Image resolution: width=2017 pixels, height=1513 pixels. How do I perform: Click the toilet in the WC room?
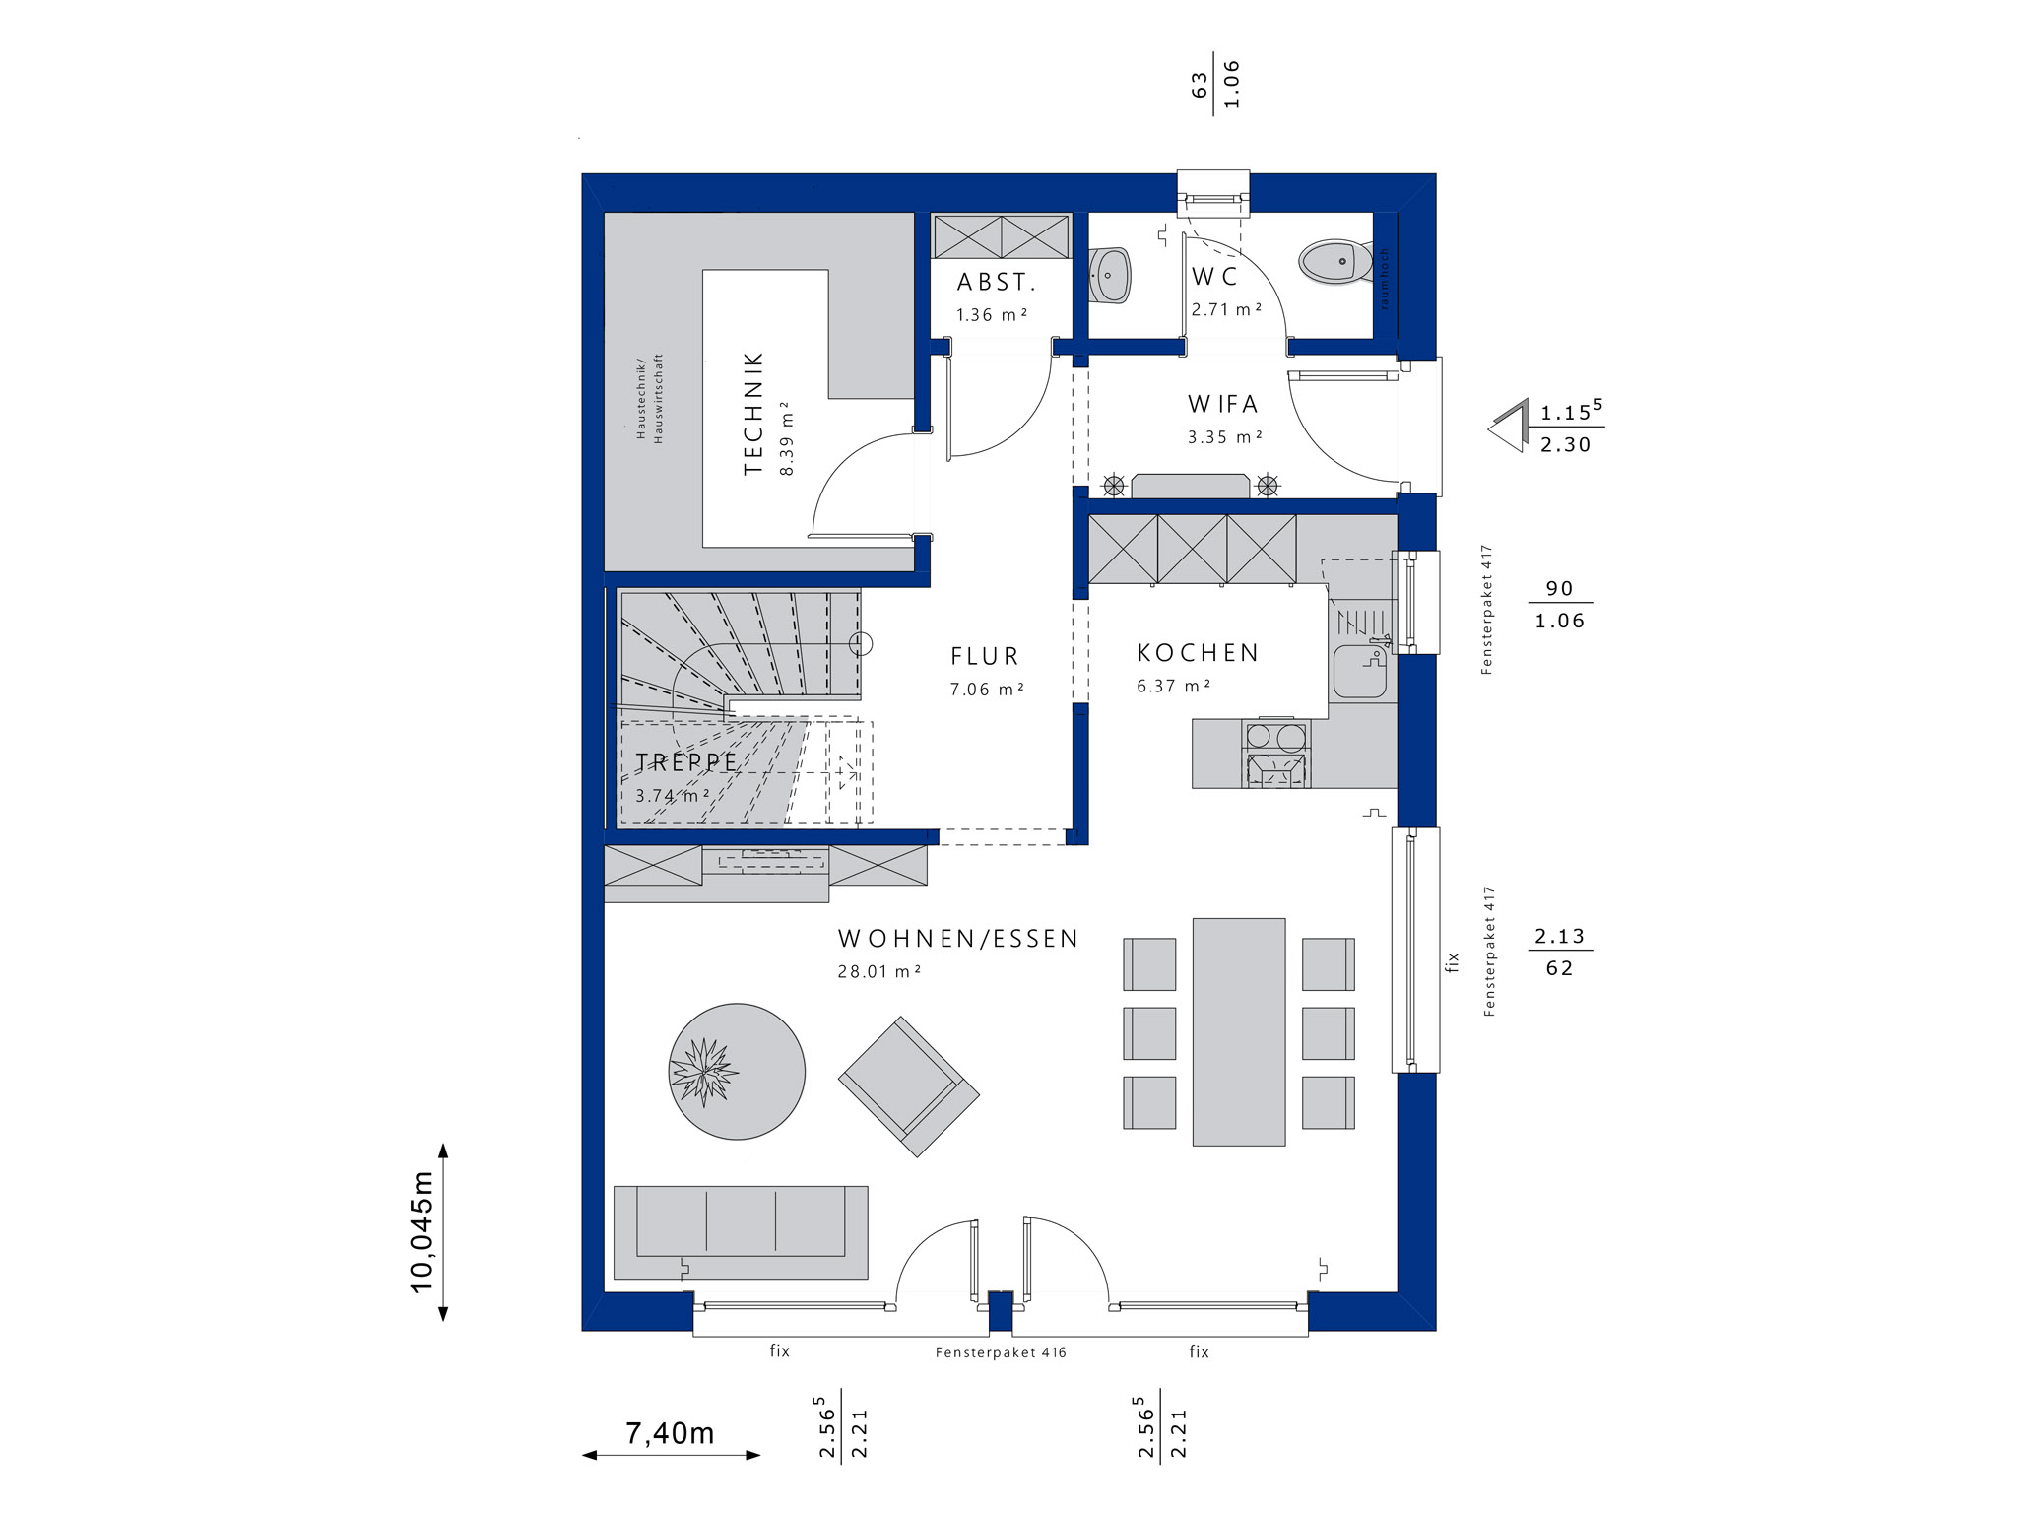(1335, 262)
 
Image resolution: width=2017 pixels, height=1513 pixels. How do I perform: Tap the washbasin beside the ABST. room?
(1111, 276)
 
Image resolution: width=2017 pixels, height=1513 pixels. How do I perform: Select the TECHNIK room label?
(753, 414)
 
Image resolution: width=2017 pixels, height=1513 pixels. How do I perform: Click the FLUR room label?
(985, 656)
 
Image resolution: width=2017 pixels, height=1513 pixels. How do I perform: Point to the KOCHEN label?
(1199, 653)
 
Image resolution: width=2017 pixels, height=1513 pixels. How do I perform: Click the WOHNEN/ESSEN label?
(958, 939)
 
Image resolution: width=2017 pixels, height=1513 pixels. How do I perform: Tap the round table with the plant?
(737, 1071)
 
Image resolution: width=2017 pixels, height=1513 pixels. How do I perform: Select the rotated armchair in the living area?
(909, 1086)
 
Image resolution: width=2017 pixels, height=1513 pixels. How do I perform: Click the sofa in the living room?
(741, 1231)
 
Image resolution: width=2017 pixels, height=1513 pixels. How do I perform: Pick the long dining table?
(1239, 1031)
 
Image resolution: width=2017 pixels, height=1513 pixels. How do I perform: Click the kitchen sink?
(1360, 671)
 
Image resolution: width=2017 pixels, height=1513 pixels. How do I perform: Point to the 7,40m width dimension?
(671, 1434)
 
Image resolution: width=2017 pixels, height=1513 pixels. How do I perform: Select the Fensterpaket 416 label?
(1001, 1352)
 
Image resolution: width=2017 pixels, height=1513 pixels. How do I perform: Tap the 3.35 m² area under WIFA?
(1224, 437)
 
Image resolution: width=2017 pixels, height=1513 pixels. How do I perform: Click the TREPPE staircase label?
(686, 762)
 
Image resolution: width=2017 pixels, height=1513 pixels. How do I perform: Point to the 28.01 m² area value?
(878, 971)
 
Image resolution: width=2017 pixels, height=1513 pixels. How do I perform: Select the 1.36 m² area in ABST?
(992, 315)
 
